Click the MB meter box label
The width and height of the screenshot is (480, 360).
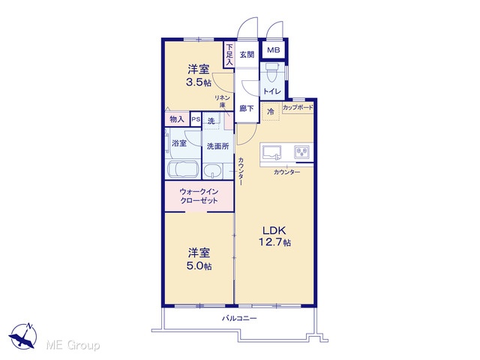click(273, 50)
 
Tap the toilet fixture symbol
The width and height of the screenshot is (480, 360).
click(271, 72)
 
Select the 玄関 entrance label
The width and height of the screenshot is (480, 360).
click(247, 55)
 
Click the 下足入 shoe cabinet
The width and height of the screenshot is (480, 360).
click(229, 55)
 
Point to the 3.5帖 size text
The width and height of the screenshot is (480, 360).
click(199, 82)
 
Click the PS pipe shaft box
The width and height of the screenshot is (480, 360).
click(196, 119)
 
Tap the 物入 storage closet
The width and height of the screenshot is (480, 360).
click(177, 119)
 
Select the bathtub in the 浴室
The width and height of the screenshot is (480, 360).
click(183, 169)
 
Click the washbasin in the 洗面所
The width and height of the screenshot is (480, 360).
click(213, 171)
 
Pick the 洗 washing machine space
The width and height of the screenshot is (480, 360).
click(211, 121)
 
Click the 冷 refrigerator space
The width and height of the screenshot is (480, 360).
click(271, 112)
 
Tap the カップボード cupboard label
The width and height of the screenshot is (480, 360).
click(298, 107)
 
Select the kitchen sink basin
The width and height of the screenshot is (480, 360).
click(272, 152)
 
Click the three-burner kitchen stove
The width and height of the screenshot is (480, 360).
click(301, 152)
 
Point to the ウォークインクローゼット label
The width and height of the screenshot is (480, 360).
click(199, 196)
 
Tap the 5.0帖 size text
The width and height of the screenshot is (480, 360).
click(199, 265)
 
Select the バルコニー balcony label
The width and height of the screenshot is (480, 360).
click(239, 318)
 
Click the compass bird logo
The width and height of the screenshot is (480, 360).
click(23, 336)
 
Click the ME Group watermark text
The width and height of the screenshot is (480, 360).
click(73, 345)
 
